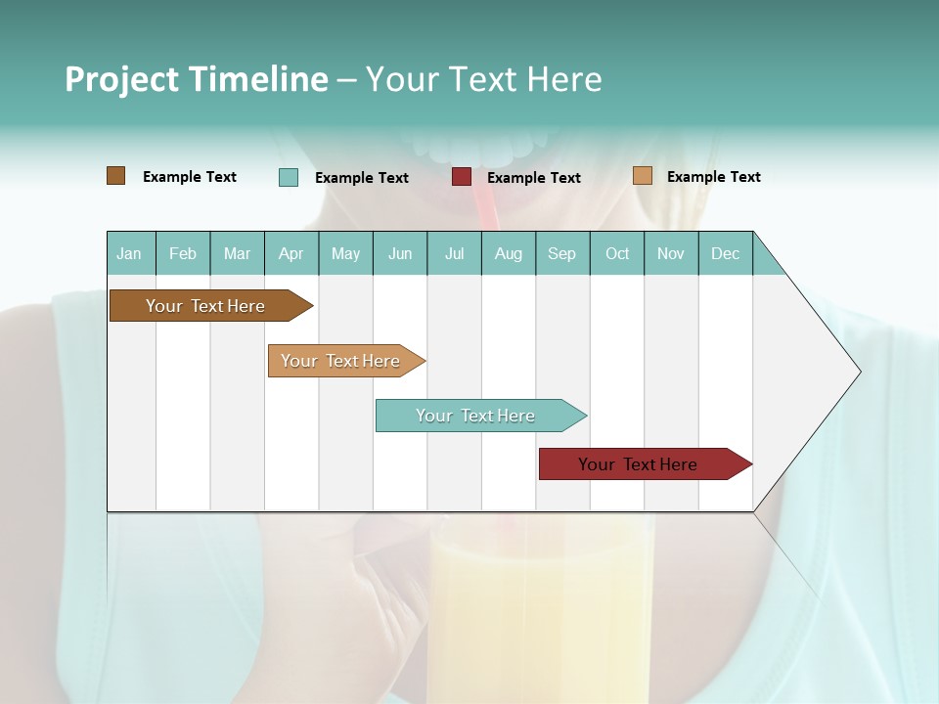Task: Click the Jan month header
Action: (x=129, y=253)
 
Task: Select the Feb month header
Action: (x=183, y=253)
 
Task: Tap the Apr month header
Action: (x=291, y=253)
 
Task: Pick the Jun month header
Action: (x=400, y=253)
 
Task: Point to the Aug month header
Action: (x=508, y=253)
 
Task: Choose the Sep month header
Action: (x=561, y=253)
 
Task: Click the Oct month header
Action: (x=617, y=253)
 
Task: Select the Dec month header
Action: (x=725, y=253)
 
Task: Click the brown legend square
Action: (x=115, y=176)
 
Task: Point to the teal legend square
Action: (x=289, y=177)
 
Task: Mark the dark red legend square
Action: (x=462, y=177)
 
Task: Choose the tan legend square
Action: (x=642, y=176)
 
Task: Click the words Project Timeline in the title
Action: (x=196, y=79)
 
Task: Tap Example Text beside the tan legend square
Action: (x=713, y=177)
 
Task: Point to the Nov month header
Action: (x=671, y=253)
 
